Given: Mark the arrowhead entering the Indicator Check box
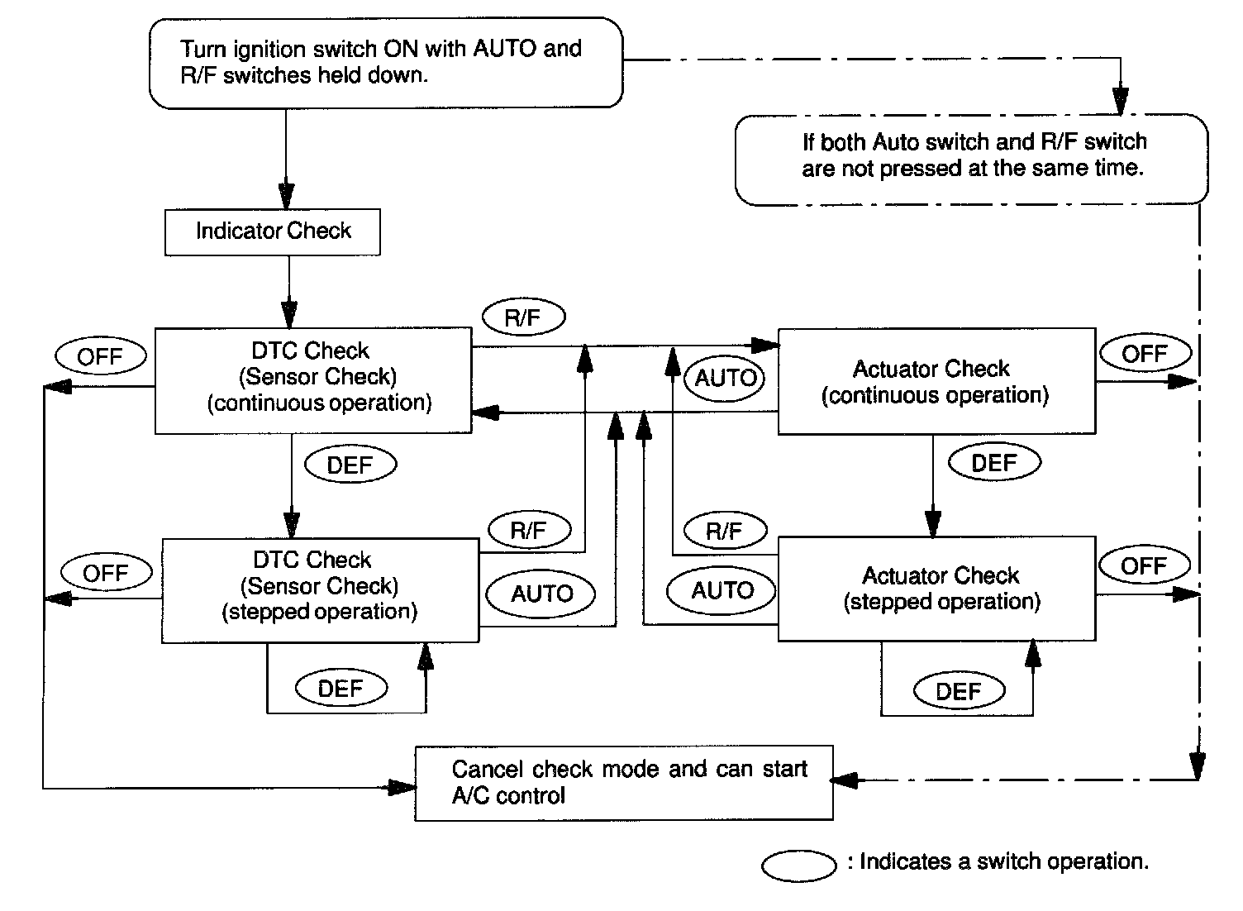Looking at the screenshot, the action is coord(286,197).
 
